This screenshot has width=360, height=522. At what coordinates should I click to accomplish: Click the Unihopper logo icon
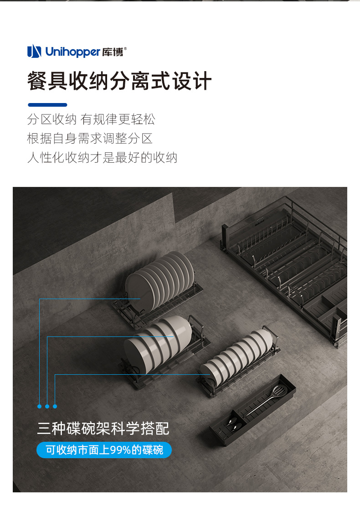(34, 51)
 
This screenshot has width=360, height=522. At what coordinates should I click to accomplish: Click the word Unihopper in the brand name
(72, 52)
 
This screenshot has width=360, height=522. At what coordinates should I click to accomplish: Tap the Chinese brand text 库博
(113, 52)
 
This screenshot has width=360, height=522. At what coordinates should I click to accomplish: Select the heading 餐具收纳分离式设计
(119, 81)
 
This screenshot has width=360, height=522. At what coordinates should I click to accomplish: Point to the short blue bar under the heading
(47, 105)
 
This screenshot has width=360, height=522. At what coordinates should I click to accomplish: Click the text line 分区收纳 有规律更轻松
(91, 119)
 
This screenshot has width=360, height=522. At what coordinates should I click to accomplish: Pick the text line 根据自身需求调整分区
(90, 139)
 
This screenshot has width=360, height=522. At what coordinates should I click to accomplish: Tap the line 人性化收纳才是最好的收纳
(102, 157)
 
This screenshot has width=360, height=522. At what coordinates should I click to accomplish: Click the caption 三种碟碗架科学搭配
(103, 429)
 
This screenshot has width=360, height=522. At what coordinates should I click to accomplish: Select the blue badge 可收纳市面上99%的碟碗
(104, 450)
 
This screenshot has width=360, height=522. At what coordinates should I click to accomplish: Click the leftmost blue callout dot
(39, 407)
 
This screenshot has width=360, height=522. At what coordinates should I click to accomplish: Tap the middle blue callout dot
(47, 407)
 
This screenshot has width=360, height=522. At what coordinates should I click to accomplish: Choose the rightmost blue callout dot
(55, 407)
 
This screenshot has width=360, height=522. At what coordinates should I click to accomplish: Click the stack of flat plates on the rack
(159, 281)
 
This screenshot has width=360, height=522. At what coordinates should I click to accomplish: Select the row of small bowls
(237, 356)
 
